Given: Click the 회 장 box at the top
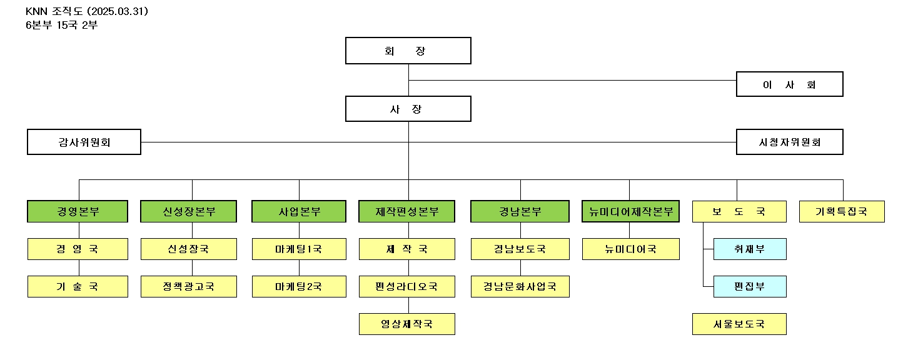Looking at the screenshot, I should point(408,51).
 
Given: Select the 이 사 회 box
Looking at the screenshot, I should point(789,84).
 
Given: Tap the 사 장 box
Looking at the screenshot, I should point(408,109).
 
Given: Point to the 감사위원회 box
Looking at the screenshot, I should point(84,142).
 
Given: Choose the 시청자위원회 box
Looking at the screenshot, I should point(789,142).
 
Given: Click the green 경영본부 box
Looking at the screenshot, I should point(78,211).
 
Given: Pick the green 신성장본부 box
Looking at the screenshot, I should point(188,211).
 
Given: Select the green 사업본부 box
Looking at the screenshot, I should point(299,211).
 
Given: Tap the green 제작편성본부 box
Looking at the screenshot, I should point(407,211).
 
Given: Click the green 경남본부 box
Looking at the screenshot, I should point(520,211).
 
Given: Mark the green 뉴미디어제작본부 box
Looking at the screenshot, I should point(630,211).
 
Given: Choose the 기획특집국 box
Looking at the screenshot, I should point(842,211).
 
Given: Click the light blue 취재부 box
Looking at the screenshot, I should point(750,249).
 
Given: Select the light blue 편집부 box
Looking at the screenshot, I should point(750,286).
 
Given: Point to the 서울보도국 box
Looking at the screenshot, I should point(739,324).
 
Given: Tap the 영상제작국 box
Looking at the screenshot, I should point(407,324).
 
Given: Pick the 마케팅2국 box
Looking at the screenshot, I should point(299,286).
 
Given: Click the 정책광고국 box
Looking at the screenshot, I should point(188,286).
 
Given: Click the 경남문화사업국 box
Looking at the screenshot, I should point(520,286).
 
